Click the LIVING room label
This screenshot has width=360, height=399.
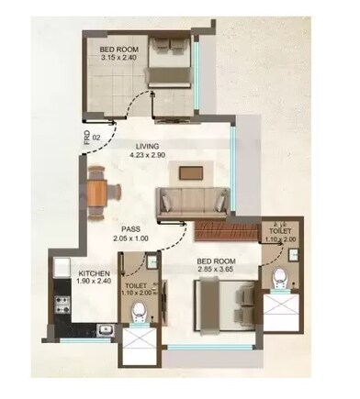[147, 145]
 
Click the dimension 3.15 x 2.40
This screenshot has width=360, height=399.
[120, 59]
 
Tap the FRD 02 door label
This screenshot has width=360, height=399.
[86, 139]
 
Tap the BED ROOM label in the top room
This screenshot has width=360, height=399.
[120, 49]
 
